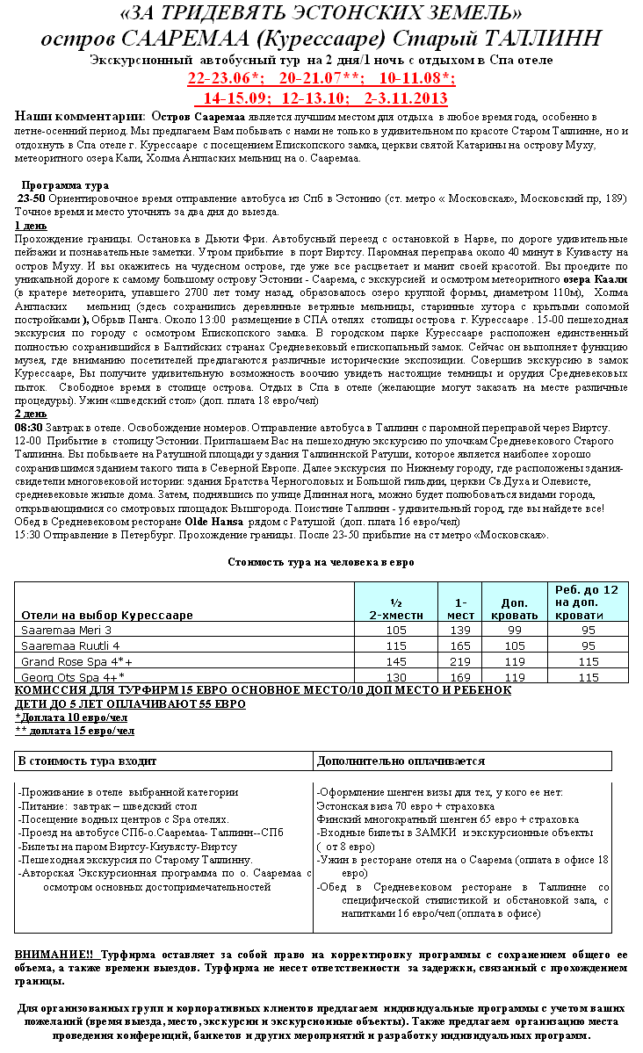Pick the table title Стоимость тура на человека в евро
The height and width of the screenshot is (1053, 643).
[x=321, y=561]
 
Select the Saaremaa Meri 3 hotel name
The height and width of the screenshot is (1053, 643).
[x=67, y=630]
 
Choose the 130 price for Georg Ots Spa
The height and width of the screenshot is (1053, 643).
[x=396, y=677]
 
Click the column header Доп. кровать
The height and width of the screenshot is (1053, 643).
[x=514, y=609]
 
